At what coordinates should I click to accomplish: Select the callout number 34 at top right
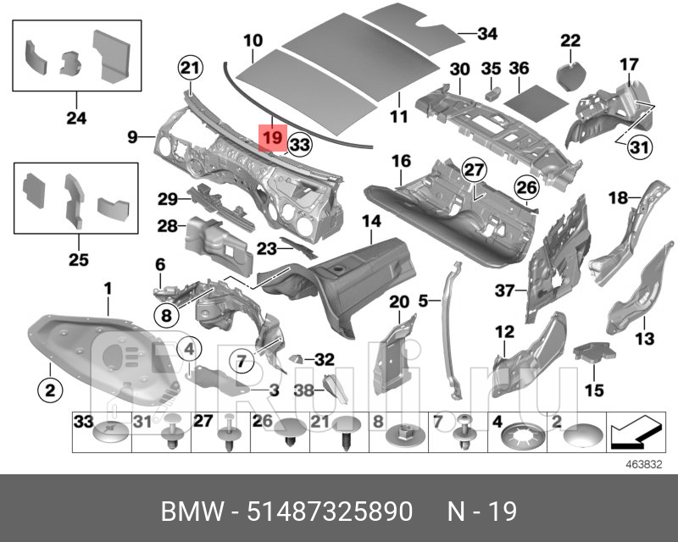pos(486,34)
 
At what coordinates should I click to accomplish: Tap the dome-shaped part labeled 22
pos(570,68)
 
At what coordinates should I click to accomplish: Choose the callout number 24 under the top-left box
pos(75,118)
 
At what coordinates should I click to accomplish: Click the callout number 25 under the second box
pos(78,259)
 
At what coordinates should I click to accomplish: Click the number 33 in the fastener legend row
pos(82,421)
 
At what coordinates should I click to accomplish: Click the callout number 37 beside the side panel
pos(505,290)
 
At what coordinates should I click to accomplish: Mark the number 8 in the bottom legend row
pos(379,421)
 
